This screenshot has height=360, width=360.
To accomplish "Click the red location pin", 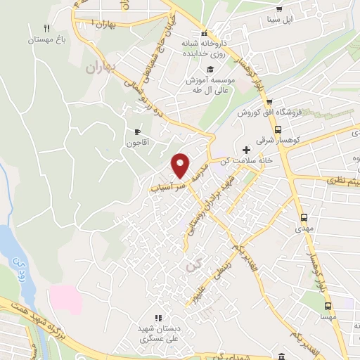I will pyautogui.click(x=181, y=165).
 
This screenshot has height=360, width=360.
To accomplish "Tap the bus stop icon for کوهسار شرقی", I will pyautogui.click(x=279, y=130).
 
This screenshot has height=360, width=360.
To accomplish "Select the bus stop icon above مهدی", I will pyautogui.click(x=304, y=217).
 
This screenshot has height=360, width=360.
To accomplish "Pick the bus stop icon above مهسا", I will pyautogui.click(x=328, y=306).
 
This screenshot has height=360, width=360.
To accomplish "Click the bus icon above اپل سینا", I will pyautogui.click(x=280, y=9).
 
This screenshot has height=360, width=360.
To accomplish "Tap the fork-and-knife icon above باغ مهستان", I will pyautogui.click(x=46, y=29).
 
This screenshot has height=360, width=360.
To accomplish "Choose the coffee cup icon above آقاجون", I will pyautogui.click(x=137, y=131).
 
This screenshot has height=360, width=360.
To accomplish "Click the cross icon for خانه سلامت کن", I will pyautogui.click(x=245, y=150).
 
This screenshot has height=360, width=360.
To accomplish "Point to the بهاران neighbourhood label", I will pyautogui.click(x=99, y=68).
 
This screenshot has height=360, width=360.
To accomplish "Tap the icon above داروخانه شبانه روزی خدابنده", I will pyautogui.click(x=204, y=34).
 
